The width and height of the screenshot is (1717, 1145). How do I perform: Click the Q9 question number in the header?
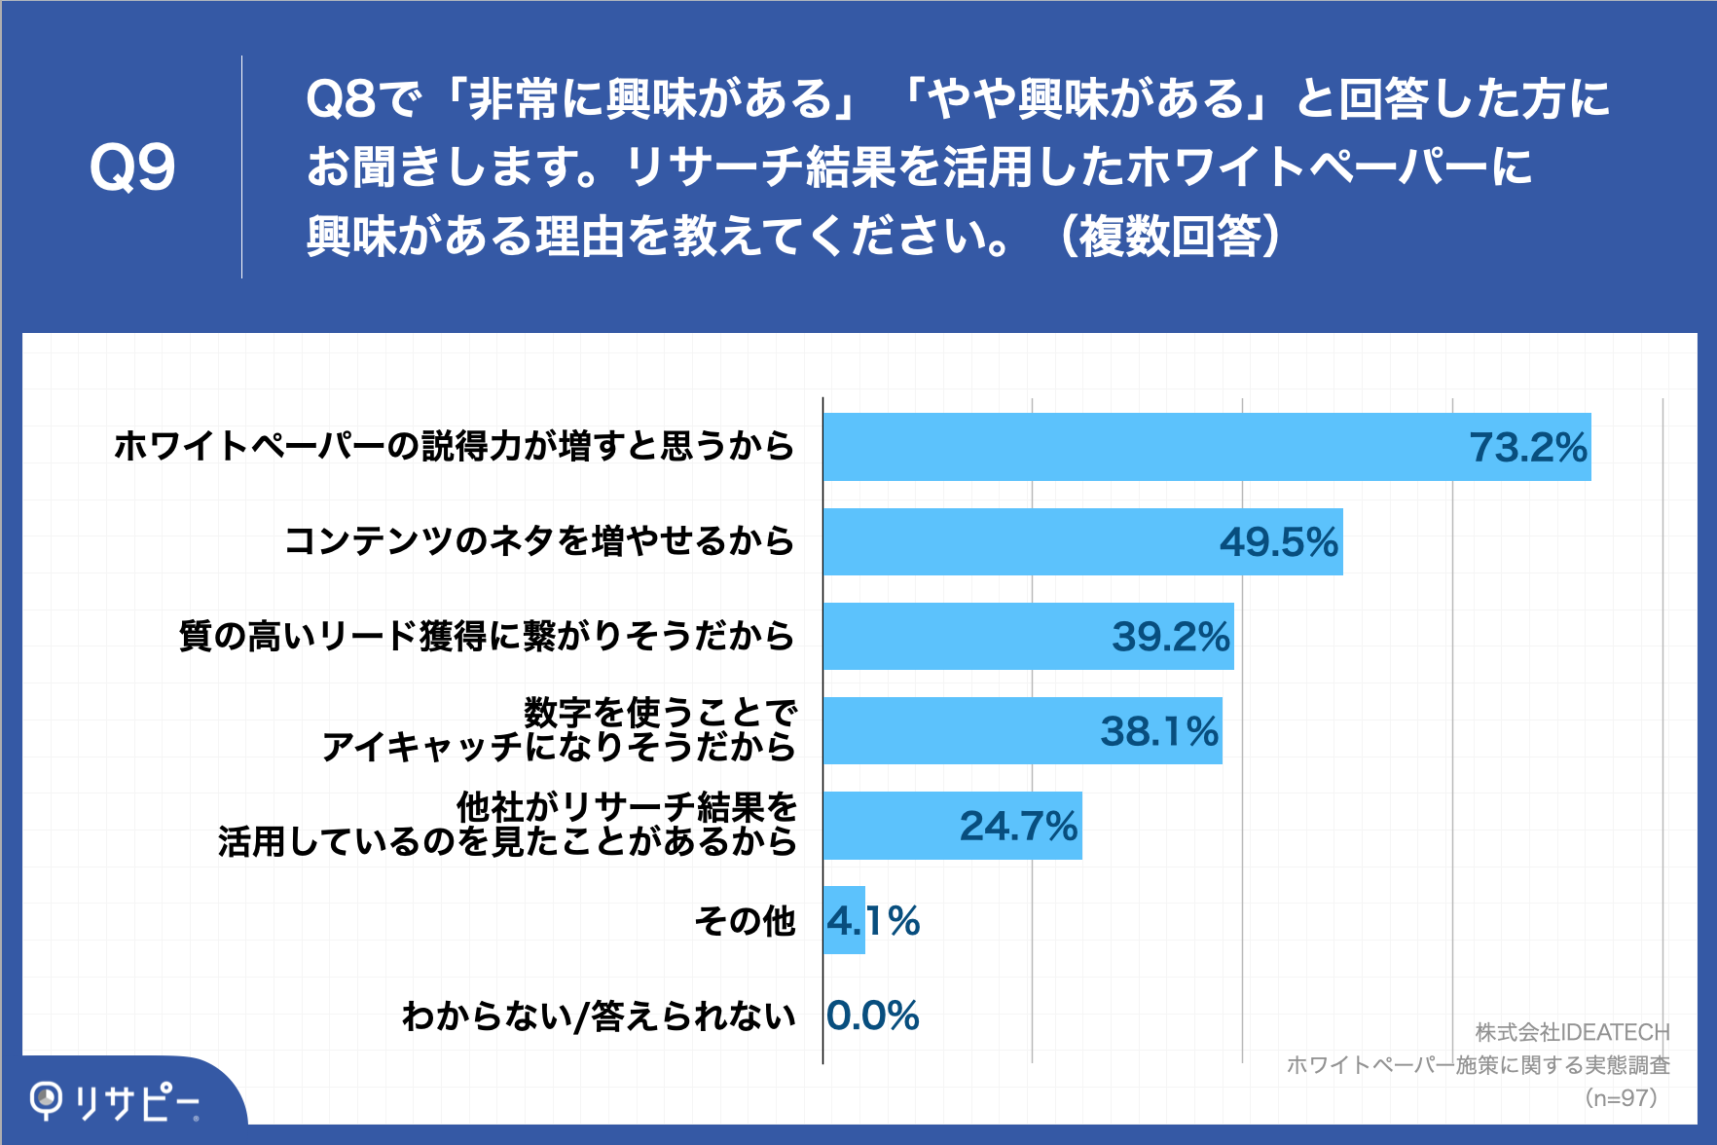tap(132, 167)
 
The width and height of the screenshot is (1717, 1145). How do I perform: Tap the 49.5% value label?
tap(1279, 542)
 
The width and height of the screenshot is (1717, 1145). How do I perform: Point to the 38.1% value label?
tap(1159, 731)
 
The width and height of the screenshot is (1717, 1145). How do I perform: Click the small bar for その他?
tap(844, 920)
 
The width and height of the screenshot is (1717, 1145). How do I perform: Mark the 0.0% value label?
tap(873, 1016)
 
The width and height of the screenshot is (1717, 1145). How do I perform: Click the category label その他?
tap(746, 920)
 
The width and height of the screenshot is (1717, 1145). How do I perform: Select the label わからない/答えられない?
tap(599, 1016)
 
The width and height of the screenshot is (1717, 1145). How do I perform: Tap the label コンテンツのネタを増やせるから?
tap(539, 541)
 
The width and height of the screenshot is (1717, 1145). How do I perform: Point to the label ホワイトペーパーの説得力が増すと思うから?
tap(455, 446)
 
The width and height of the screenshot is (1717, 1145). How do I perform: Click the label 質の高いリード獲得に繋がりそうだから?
tap(487, 636)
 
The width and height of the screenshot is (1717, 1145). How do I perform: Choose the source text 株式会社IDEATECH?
tap(1571, 1032)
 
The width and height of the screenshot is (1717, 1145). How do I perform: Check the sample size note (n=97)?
tap(1620, 1098)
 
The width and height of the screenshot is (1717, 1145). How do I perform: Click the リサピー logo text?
tap(136, 1102)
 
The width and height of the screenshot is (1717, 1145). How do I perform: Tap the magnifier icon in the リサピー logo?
tap(46, 1100)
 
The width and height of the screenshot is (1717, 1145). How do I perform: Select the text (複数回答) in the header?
tap(1169, 236)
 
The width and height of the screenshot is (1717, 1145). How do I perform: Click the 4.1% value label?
tap(873, 921)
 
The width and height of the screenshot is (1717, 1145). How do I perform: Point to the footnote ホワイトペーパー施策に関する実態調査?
tap(1478, 1065)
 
